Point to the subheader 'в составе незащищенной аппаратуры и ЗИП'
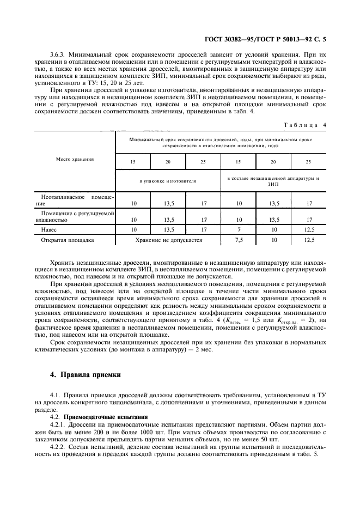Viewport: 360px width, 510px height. [x=273, y=181]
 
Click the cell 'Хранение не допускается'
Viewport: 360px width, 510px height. [x=167, y=239]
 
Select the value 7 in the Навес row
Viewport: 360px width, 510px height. [x=238, y=229]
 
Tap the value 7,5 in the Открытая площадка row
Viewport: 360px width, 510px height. [x=238, y=239]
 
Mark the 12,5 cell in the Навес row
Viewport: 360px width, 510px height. [x=309, y=229]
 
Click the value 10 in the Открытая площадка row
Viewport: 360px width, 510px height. [x=273, y=239]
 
